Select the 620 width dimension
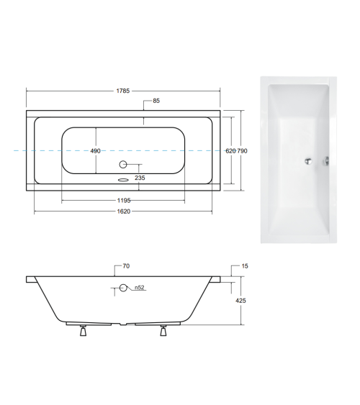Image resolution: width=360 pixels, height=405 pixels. pyautogui.click(x=230, y=151)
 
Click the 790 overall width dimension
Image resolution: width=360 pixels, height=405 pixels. pyautogui.click(x=243, y=151)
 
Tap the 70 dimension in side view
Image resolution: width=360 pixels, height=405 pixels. pyautogui.click(x=126, y=266)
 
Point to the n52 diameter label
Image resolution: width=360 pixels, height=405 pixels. pyautogui.click(x=140, y=288)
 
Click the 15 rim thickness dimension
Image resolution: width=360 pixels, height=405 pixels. pyautogui.click(x=245, y=266)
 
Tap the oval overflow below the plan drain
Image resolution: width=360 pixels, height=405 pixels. pyautogui.click(x=122, y=180)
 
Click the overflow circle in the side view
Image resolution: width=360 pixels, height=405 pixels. pyautogui.click(x=123, y=288)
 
